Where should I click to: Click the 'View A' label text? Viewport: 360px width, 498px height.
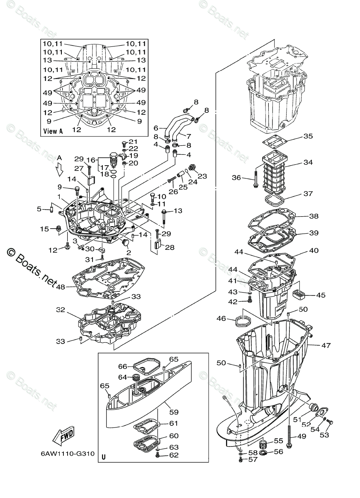(53, 131)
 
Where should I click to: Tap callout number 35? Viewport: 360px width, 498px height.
(308, 136)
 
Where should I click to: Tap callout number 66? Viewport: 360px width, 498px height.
(122, 366)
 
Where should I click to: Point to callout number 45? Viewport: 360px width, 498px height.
(321, 295)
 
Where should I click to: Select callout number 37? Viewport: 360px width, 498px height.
(308, 194)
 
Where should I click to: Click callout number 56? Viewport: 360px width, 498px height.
(278, 451)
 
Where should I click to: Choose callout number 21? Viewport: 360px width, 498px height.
(133, 142)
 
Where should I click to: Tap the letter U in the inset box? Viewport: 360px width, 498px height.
(103, 457)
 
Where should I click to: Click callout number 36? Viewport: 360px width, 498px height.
(236, 178)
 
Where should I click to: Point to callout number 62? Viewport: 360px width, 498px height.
(174, 455)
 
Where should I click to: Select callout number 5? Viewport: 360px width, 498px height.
(39, 209)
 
